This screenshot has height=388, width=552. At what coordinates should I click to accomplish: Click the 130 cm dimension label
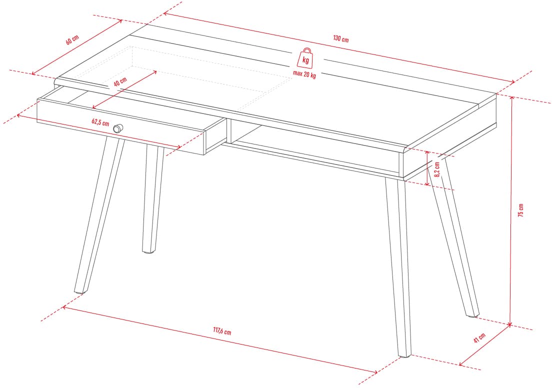[341, 38]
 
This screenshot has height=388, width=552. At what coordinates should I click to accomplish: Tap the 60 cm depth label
[72, 39]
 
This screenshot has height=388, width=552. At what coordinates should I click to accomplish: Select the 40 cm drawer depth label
[120, 81]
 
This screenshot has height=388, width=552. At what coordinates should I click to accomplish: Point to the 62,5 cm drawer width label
[100, 122]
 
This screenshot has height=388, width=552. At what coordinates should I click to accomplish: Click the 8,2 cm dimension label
[437, 169]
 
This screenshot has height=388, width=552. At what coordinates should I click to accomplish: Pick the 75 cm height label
[521, 210]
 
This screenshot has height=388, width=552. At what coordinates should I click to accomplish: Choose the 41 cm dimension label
[479, 337]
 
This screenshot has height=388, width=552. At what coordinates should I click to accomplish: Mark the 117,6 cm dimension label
[222, 330]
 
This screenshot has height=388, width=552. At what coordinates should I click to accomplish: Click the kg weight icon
[305, 57]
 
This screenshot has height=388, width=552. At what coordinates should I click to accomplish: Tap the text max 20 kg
[304, 74]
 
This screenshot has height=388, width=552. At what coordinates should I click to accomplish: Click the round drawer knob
[118, 128]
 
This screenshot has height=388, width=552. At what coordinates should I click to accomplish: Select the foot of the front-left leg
[79, 291]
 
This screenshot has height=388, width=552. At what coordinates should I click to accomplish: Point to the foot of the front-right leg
[404, 355]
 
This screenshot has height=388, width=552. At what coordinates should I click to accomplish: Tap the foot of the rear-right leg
[472, 315]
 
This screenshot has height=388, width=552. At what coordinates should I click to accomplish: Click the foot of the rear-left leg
[149, 251]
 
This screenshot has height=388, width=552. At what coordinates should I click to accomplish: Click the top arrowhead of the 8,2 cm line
[427, 153]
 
